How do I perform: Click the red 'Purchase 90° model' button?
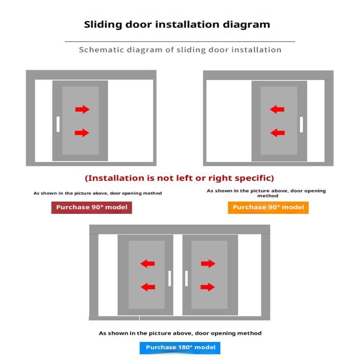[x=91, y=207]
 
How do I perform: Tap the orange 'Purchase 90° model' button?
[x=268, y=207]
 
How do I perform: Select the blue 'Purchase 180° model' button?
[x=180, y=347]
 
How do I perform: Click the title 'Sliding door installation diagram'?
[x=177, y=24]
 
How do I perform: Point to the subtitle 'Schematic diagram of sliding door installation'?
[x=180, y=49]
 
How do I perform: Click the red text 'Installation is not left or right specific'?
[x=180, y=178]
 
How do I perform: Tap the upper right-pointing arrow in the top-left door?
[x=82, y=109]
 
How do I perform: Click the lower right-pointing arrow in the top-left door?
[x=82, y=133]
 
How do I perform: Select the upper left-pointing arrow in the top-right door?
[x=277, y=109]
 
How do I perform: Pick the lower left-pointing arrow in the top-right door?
[x=277, y=133]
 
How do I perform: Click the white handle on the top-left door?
[x=58, y=124]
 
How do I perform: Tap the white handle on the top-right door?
[x=301, y=124]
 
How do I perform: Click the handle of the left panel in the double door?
[x=170, y=279]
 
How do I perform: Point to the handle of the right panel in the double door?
[x=186, y=279]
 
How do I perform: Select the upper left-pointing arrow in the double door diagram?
[x=148, y=264]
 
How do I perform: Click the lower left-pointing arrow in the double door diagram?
[x=148, y=287]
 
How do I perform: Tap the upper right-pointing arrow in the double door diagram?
[x=208, y=264]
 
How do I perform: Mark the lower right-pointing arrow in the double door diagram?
[x=208, y=287]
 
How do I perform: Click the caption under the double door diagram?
[x=180, y=333]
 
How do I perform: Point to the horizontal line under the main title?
[x=180, y=41]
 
